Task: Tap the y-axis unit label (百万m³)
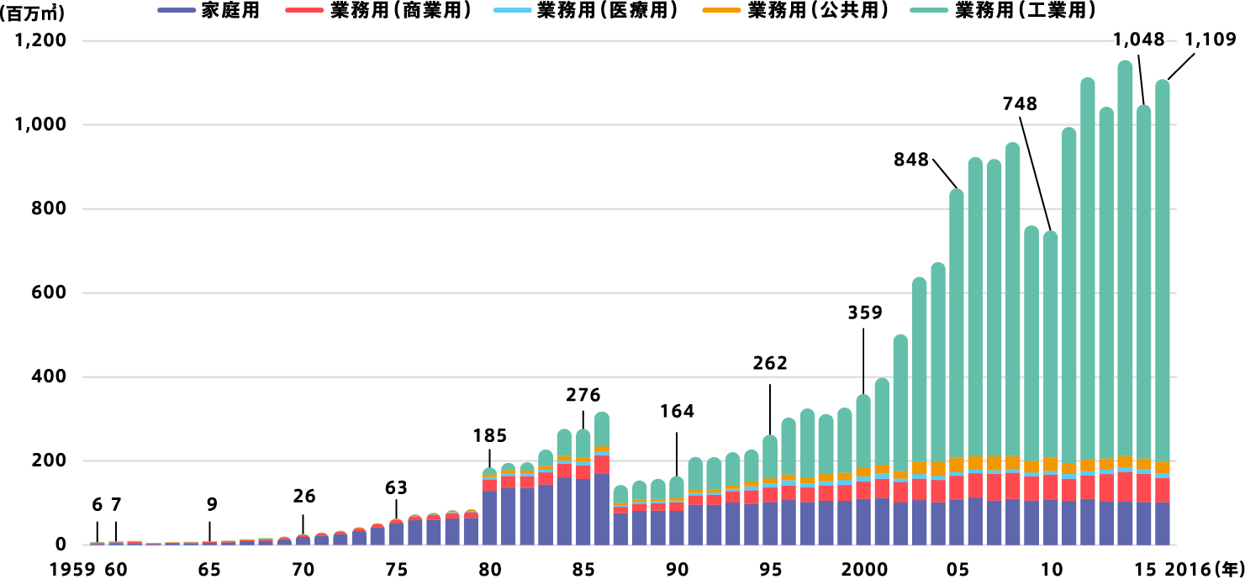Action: point(34,14)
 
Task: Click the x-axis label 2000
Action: point(863,569)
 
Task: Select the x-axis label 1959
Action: point(72,569)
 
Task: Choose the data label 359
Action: point(864,313)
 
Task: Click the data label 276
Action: point(583,394)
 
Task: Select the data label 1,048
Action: point(1139,39)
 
